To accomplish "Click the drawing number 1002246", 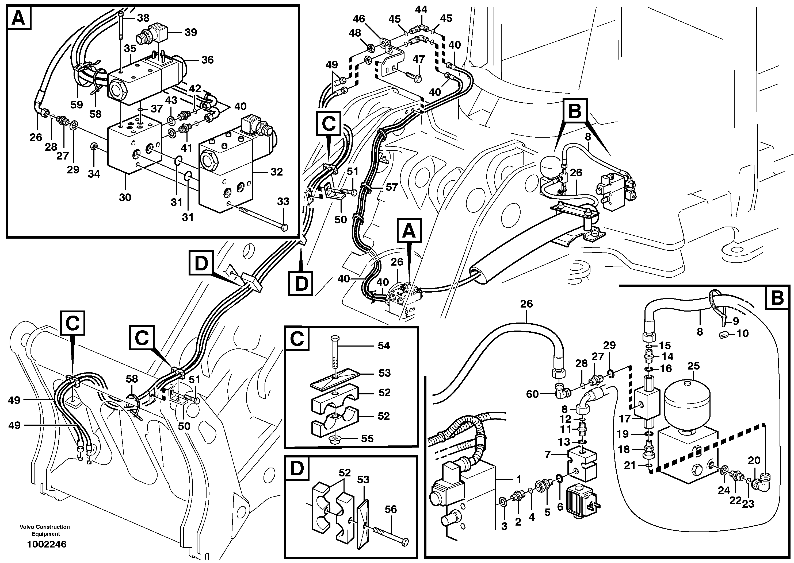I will click(47, 544).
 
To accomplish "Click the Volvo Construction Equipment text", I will click(45, 530).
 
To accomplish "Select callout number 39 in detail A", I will click(190, 32).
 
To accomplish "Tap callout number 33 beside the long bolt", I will click(283, 201).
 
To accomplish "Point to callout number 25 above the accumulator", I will click(693, 366).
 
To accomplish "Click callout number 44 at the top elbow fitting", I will click(421, 10).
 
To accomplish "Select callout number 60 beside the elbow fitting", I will click(532, 394).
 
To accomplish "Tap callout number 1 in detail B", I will click(519, 479).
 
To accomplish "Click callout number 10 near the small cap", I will click(743, 333).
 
